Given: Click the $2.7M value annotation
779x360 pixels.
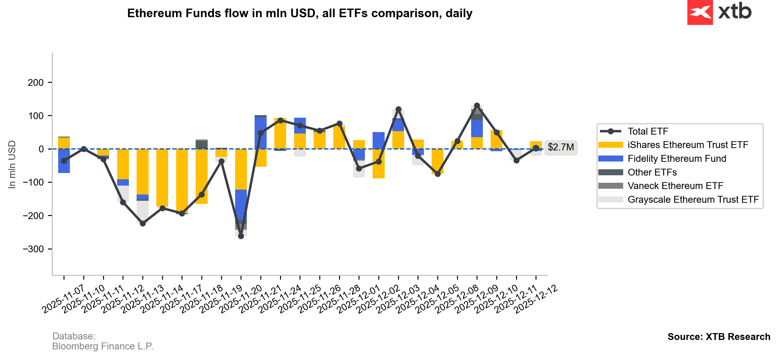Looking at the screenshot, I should point(560,147).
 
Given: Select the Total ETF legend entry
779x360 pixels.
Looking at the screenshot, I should point(648,131).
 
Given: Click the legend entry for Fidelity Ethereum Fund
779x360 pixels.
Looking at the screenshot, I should point(676,159).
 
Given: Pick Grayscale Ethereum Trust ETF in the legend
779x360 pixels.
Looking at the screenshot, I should point(693,200).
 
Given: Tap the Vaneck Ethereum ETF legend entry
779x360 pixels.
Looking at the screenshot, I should point(675,186).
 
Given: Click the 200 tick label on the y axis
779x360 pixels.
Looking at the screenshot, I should point(36,82).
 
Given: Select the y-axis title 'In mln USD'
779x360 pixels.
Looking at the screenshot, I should point(12,165).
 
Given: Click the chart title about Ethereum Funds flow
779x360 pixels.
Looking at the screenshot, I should point(299,13).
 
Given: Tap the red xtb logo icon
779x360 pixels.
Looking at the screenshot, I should point(699,12).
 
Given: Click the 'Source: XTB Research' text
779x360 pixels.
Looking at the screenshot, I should point(719,337).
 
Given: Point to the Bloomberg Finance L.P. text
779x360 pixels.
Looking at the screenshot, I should point(103,346).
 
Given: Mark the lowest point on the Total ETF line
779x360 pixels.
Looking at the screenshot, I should point(241,236).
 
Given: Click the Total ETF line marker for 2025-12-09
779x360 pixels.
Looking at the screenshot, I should point(497,133).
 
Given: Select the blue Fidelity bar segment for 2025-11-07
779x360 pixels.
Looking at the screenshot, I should point(64,161).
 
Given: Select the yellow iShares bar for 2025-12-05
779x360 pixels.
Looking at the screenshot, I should point(457,145).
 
